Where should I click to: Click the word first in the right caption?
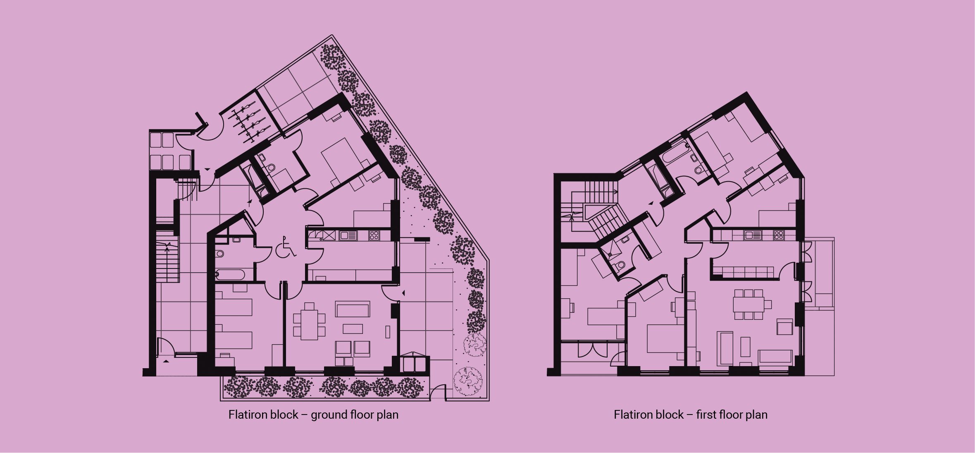point(706,415)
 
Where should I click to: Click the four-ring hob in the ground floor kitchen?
point(374,235)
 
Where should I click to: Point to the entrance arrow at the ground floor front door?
point(166,361)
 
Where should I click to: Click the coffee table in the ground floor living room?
point(353,329)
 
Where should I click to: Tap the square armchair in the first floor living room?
point(784,327)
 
